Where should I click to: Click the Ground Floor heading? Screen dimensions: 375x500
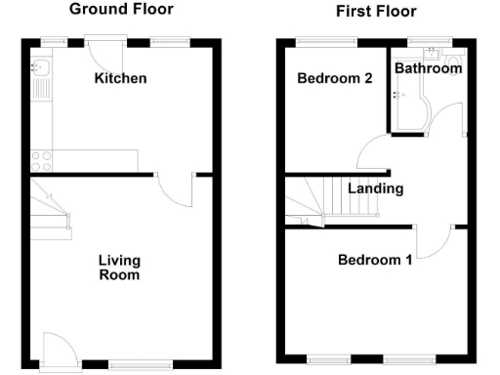[x=122, y=10]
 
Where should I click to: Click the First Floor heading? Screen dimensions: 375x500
[x=375, y=12]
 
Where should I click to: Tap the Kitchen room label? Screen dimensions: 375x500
[x=120, y=77]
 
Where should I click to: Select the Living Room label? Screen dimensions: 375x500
[x=119, y=268]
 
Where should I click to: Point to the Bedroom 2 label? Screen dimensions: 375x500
[x=335, y=79]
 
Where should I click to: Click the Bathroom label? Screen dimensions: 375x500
[x=429, y=68]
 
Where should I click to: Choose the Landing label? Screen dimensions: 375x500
[x=376, y=188]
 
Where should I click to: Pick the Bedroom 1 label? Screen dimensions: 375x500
[x=375, y=260]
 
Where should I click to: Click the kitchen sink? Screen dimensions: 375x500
[x=42, y=68]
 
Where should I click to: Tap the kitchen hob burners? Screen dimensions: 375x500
[x=42, y=156]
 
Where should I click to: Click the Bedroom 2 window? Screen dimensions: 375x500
[x=326, y=42]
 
